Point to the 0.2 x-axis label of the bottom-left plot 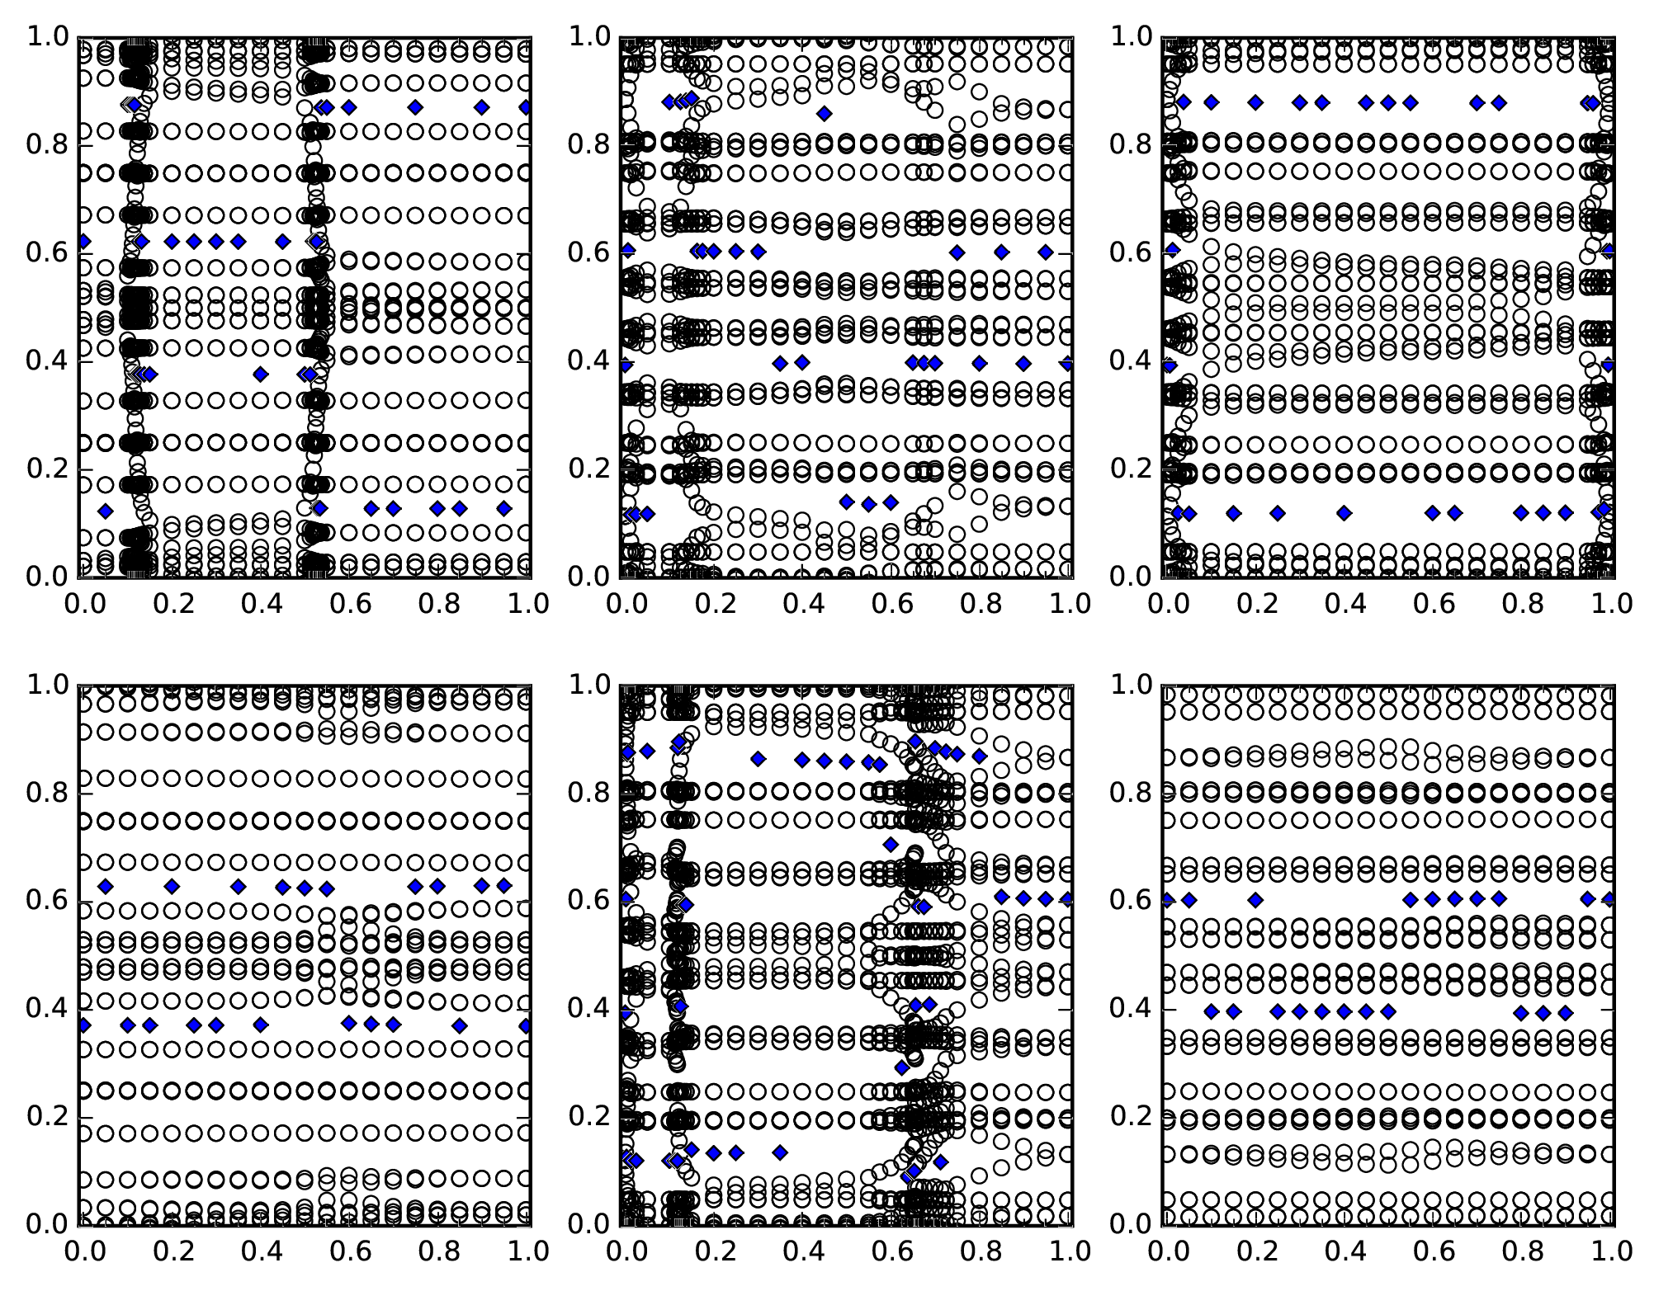(x=171, y=1251)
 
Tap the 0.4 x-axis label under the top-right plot (x=1344, y=604)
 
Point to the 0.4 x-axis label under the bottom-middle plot (x=801, y=1251)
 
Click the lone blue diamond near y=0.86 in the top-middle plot (x=825, y=113)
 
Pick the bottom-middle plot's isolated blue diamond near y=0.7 (x=890, y=844)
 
